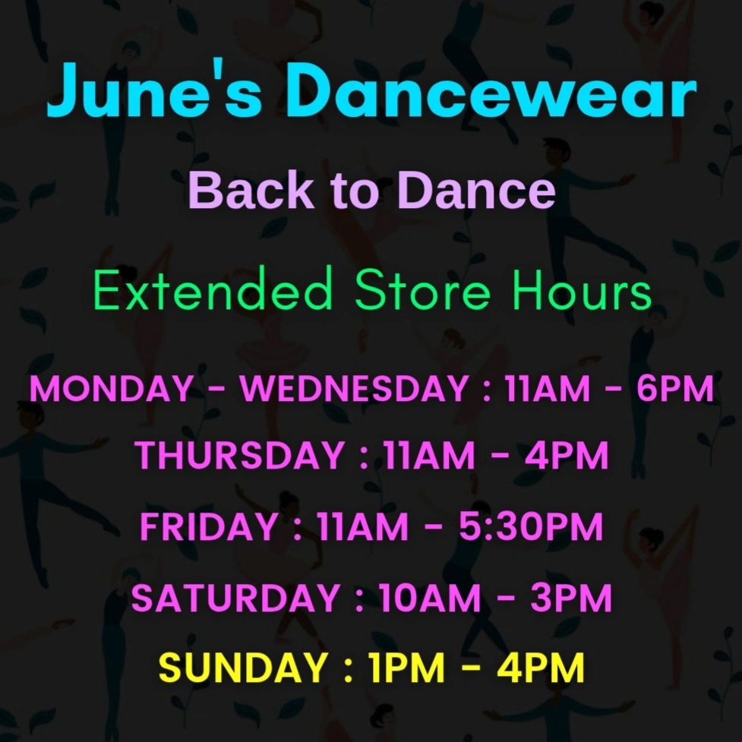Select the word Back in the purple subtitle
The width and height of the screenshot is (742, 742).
(251, 190)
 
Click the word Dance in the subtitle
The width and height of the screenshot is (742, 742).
(476, 190)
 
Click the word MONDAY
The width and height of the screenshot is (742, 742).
(111, 389)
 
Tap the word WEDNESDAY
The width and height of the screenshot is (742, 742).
(353, 389)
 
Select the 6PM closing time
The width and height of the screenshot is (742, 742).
(675, 389)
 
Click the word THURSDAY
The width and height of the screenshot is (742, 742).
(239, 455)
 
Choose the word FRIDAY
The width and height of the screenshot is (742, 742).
(209, 526)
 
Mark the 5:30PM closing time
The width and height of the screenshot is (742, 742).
(531, 526)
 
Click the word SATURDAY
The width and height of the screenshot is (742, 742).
(235, 598)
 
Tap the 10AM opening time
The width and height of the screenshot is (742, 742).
(429, 598)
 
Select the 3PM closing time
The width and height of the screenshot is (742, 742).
(570, 598)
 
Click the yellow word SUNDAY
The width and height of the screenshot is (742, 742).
(242, 668)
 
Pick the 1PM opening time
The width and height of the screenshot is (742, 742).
(407, 668)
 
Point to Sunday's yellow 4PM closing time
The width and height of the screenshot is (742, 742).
(541, 668)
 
